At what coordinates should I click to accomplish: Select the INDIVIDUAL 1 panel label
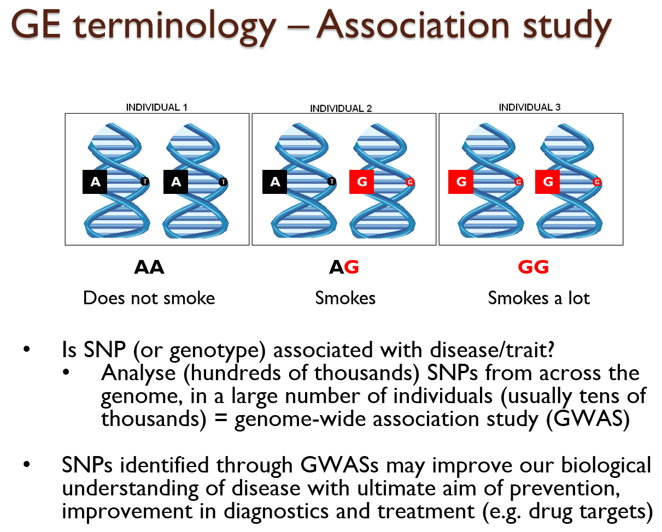[156, 107]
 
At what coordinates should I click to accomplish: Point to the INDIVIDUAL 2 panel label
[341, 108]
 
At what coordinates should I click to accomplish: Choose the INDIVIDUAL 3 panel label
[529, 107]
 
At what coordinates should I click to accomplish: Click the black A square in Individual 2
[275, 182]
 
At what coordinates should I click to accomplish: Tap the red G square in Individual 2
[361, 182]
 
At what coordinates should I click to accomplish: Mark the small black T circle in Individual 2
[331, 182]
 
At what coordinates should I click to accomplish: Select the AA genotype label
[149, 267]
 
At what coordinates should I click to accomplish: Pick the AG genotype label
[344, 267]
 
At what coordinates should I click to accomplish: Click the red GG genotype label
[533, 267]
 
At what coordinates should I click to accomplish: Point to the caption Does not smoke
[149, 298]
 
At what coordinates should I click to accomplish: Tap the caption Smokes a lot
[538, 298]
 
